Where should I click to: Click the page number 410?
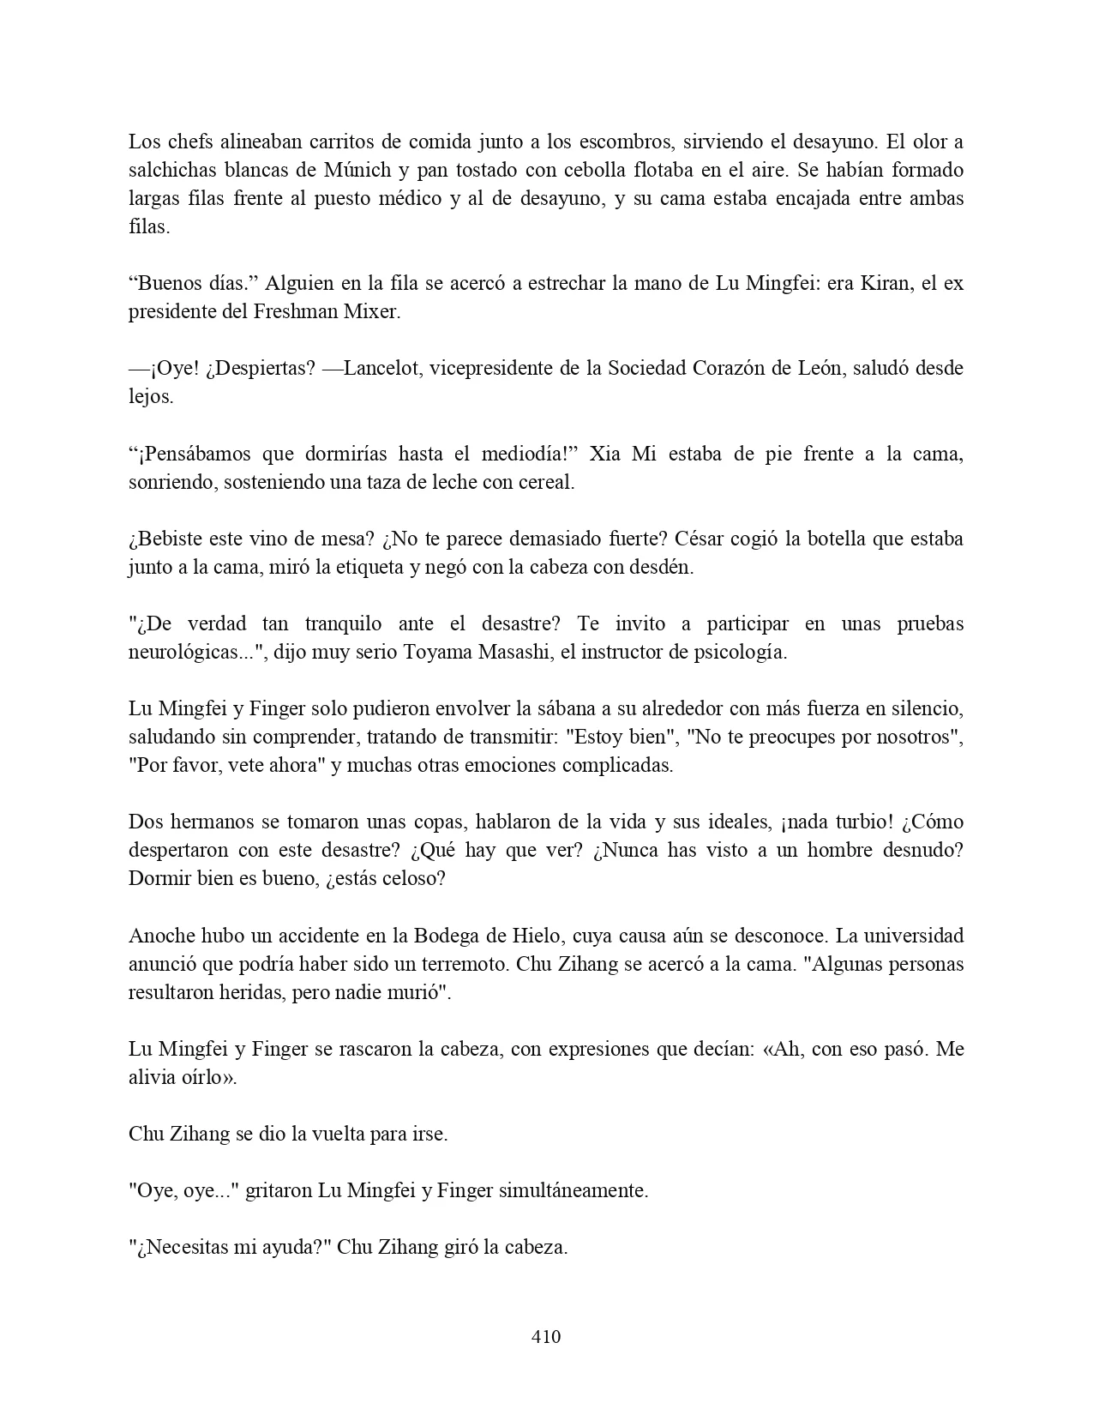point(546,1336)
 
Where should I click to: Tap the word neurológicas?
point(182,653)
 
